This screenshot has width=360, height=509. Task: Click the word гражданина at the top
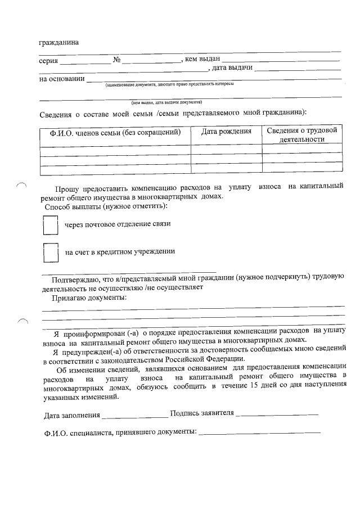(x=59, y=43)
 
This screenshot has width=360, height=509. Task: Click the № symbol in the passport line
(x=118, y=60)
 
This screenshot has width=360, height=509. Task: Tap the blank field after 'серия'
(x=85, y=61)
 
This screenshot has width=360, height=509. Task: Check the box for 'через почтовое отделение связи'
(x=51, y=225)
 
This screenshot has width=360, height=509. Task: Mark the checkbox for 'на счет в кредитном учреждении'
(x=51, y=253)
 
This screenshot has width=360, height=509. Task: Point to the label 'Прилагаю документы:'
(x=89, y=297)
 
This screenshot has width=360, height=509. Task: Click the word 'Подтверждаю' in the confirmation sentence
(x=76, y=279)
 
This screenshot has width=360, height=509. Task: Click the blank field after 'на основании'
(x=214, y=79)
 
